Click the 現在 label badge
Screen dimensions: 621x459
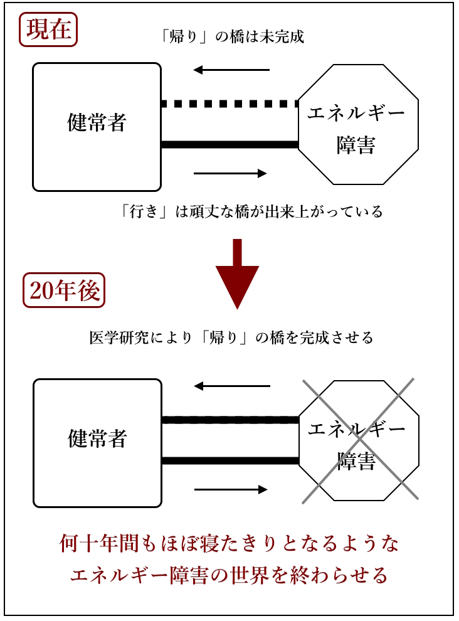point(48,29)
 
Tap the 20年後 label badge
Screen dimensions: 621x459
point(64,290)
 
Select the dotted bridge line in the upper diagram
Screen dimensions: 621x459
point(229,103)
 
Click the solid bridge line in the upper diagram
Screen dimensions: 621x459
point(229,145)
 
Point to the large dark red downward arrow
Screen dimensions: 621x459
point(237,273)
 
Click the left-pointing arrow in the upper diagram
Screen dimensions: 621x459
point(231,70)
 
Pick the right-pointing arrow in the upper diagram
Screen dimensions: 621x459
point(230,173)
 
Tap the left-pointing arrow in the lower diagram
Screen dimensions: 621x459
point(231,386)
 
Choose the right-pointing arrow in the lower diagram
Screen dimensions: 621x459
point(230,489)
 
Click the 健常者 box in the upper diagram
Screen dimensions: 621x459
point(97,127)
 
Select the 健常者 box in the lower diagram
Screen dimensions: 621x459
point(97,443)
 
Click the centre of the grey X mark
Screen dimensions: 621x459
point(359,440)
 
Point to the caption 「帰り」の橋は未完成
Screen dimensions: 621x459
point(232,36)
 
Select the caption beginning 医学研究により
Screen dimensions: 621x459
point(231,337)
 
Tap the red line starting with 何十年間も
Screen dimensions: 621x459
point(229,543)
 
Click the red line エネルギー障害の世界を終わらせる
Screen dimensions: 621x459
point(229,574)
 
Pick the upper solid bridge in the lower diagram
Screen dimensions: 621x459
point(229,420)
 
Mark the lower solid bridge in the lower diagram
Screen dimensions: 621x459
point(229,461)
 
